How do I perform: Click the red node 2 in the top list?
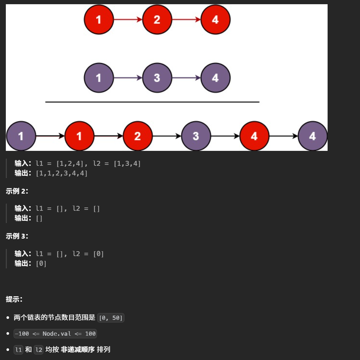pyautogui.click(x=157, y=19)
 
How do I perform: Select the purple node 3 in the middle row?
pyautogui.click(x=157, y=78)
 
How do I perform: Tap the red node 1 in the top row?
pyautogui.click(x=99, y=19)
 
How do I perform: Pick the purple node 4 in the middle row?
pyautogui.click(x=215, y=78)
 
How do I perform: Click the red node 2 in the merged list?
pyautogui.click(x=137, y=136)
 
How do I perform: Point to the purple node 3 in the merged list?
pyautogui.click(x=196, y=136)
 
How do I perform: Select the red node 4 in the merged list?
pyautogui.click(x=254, y=136)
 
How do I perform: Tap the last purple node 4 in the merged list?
pyautogui.click(x=312, y=136)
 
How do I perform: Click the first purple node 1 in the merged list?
pyautogui.click(x=21, y=136)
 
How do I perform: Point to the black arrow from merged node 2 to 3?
pyautogui.click(x=167, y=136)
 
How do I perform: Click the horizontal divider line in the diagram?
pyautogui.click(x=152, y=102)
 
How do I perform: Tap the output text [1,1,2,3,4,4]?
pyautogui.click(x=62, y=173)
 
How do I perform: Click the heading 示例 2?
pyautogui.click(x=17, y=191)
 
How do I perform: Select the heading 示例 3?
pyautogui.click(x=17, y=236)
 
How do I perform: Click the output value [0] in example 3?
pyautogui.click(x=41, y=264)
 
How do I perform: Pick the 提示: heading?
pyautogui.click(x=14, y=299)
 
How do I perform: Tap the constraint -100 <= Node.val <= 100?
pyautogui.click(x=55, y=334)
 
